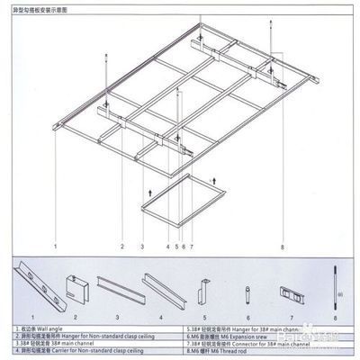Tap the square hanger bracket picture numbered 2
[x=76, y=291]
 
